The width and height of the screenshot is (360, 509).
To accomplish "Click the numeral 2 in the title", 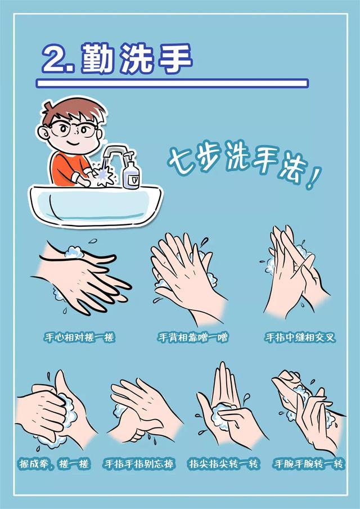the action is coord(56,58).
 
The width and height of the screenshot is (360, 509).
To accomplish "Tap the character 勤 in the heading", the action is coord(97,58).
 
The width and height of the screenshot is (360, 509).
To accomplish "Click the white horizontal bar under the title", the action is coord(172,83).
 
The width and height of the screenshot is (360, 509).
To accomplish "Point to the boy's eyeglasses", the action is coord(74,129).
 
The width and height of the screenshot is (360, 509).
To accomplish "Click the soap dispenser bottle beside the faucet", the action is coord(131,171).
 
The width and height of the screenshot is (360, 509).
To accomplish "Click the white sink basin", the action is coord(95,205).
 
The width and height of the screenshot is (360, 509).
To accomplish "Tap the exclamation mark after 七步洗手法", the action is coord(313,178).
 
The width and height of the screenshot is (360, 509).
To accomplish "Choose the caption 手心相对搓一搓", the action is coord(79,337).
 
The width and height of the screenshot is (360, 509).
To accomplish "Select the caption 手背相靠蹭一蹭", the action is coord(193,337).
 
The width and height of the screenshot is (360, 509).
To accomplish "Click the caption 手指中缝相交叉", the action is coord(300,337).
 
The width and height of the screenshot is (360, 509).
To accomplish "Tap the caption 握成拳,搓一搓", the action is coord(54,464).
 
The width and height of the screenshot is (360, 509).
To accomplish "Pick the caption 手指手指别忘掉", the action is coord(139,464).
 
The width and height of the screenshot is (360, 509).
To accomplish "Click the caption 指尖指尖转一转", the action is coord(224,464).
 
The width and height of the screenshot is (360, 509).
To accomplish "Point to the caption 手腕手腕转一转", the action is coord(308,464).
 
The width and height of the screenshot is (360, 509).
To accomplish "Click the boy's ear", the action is coord(43,133).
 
